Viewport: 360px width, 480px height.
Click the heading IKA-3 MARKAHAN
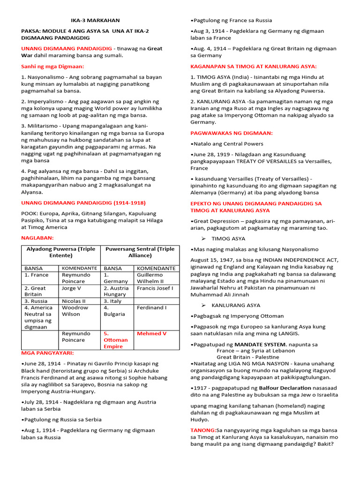tap(95, 20)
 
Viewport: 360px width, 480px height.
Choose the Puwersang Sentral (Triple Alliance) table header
tap(140, 253)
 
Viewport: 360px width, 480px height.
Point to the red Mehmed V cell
tap(151, 333)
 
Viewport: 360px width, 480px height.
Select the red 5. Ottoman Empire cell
tap(115, 340)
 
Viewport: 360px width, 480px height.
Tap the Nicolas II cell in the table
tap(74, 301)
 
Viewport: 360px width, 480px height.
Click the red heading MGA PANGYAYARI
tap(48, 352)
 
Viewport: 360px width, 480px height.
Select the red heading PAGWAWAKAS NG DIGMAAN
tap(231, 133)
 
